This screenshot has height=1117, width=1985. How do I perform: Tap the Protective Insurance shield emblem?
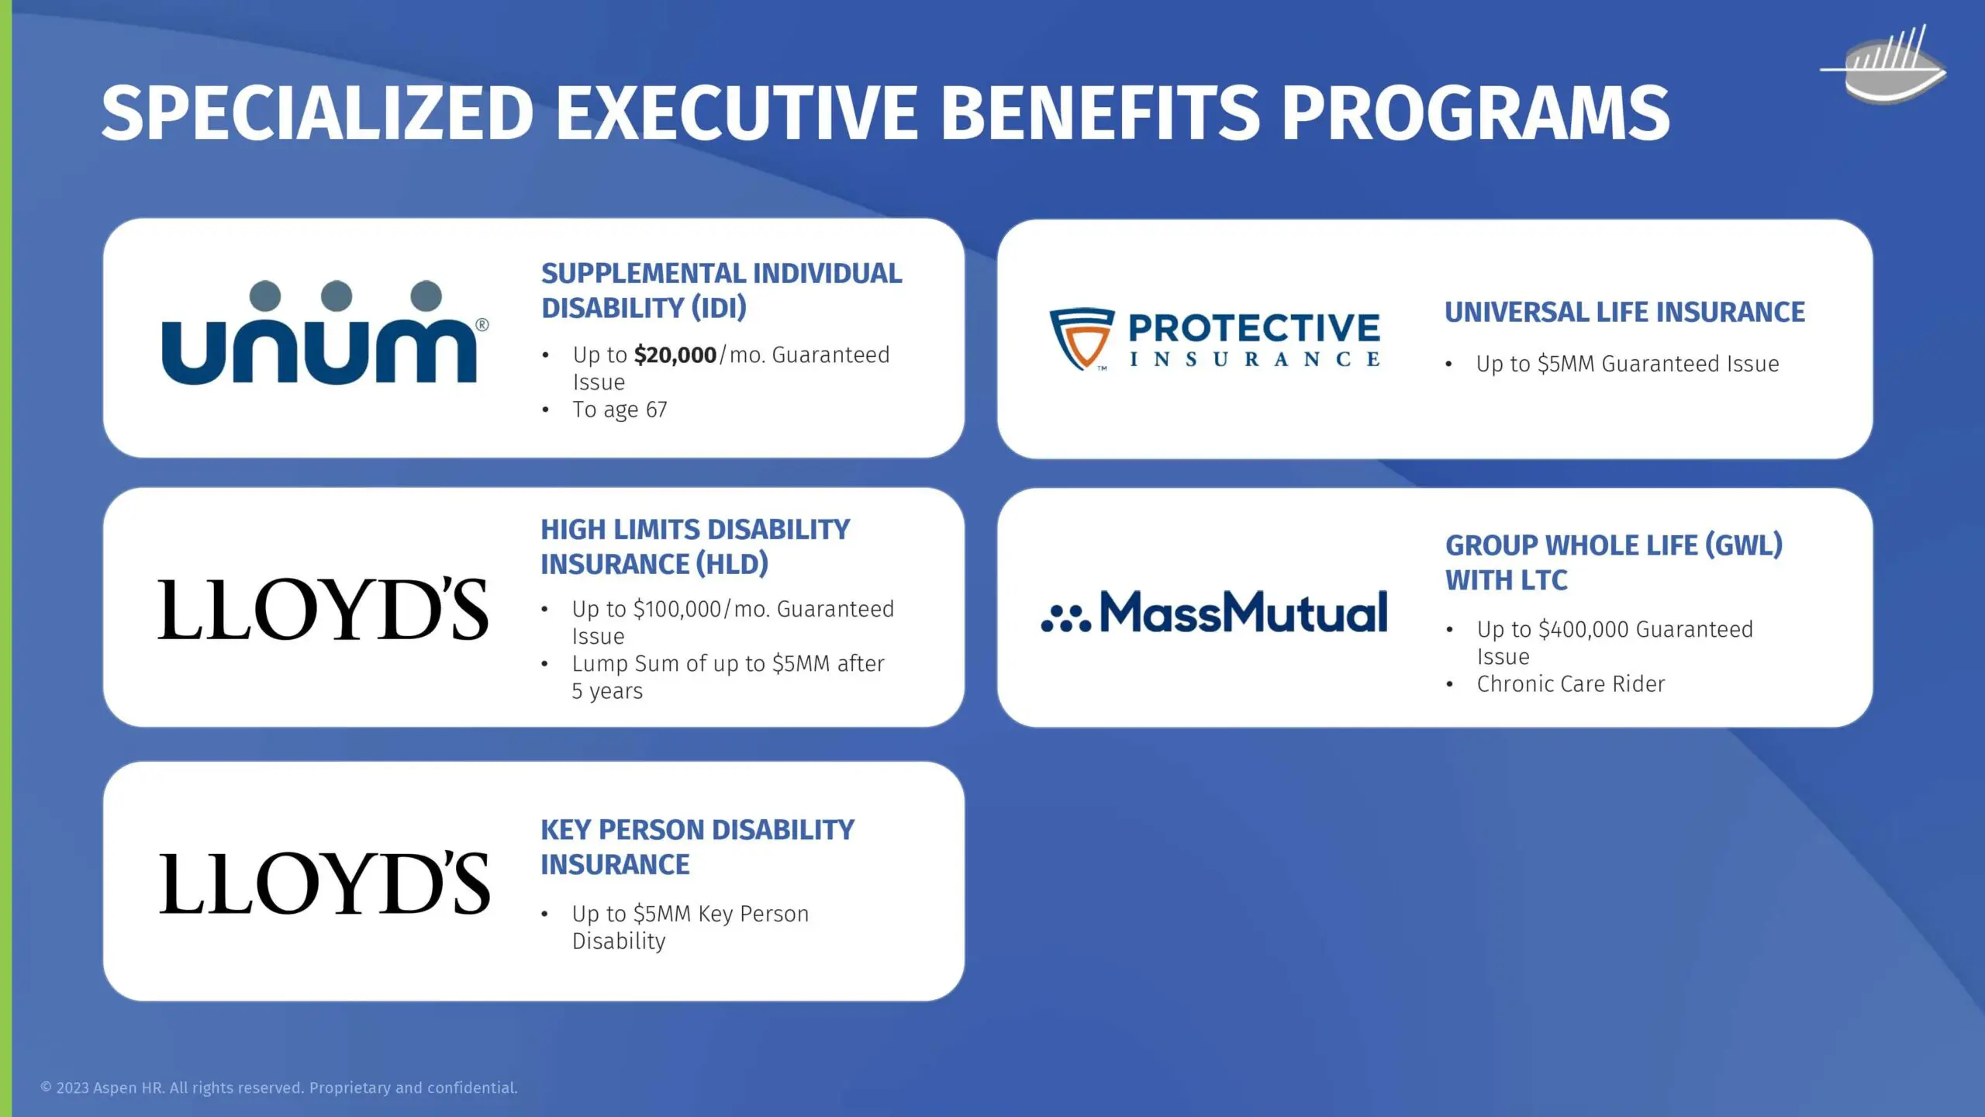click(x=1082, y=339)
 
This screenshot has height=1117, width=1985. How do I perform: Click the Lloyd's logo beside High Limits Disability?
click(x=323, y=610)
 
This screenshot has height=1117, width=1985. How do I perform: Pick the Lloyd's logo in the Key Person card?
click(x=324, y=884)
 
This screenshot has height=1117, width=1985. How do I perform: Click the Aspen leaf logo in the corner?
click(x=1884, y=65)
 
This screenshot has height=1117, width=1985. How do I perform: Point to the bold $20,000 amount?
click(x=675, y=355)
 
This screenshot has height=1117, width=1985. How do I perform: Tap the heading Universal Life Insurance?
click(x=1624, y=312)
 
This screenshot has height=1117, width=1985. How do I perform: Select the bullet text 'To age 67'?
click(x=620, y=410)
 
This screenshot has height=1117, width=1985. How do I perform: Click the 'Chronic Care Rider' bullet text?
click(x=1571, y=684)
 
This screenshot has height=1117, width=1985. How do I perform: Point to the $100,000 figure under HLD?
click(x=678, y=610)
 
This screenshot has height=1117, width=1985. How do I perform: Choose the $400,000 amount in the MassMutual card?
click(x=1583, y=629)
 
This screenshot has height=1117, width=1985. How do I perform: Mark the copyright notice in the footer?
click(x=279, y=1088)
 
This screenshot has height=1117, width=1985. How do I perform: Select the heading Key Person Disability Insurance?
click(x=697, y=847)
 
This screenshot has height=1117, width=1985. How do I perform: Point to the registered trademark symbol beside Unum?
click(x=482, y=324)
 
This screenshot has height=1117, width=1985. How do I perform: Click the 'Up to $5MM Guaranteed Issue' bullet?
click(x=1628, y=364)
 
